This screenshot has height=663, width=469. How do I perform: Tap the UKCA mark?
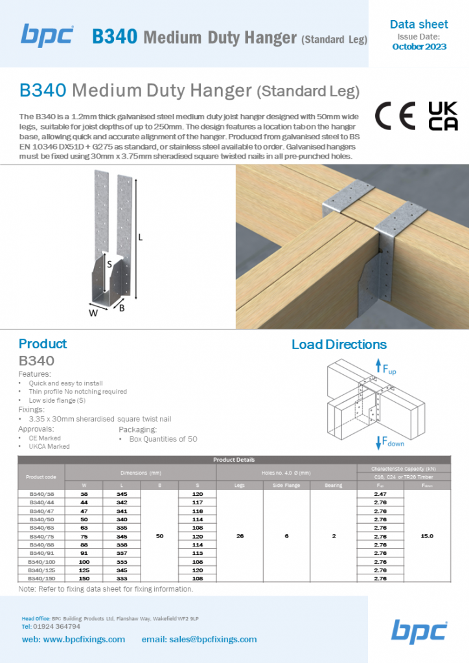(x=443, y=116)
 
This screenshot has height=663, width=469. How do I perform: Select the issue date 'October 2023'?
(x=419, y=47)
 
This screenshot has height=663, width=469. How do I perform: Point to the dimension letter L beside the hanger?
(x=141, y=237)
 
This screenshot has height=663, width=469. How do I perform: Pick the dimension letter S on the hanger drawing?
(x=109, y=264)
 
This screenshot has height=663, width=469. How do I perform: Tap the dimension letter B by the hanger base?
(x=122, y=309)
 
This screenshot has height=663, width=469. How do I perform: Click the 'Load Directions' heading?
(x=339, y=344)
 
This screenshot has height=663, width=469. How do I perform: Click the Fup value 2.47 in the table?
(x=380, y=493)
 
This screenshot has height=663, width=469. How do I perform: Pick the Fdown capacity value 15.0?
(x=427, y=536)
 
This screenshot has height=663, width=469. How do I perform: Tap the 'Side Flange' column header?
(x=286, y=485)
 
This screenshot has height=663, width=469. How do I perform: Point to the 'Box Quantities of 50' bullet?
(x=163, y=439)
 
